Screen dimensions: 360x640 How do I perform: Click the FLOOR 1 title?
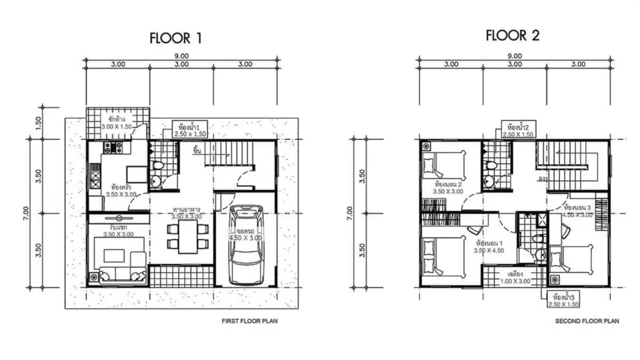point(176,38)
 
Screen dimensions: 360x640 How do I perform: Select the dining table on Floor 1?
point(188,237)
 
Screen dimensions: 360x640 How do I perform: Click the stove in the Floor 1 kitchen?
point(115,147)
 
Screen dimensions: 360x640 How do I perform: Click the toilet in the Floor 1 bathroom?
point(157,167)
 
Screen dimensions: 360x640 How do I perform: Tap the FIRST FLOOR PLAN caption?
point(249,321)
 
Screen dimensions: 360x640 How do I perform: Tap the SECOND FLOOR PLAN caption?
point(587,321)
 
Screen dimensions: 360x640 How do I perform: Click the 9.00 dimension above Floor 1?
point(182,56)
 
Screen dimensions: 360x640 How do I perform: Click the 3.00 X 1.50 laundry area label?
point(117,127)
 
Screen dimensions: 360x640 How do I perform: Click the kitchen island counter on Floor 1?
point(136,172)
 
